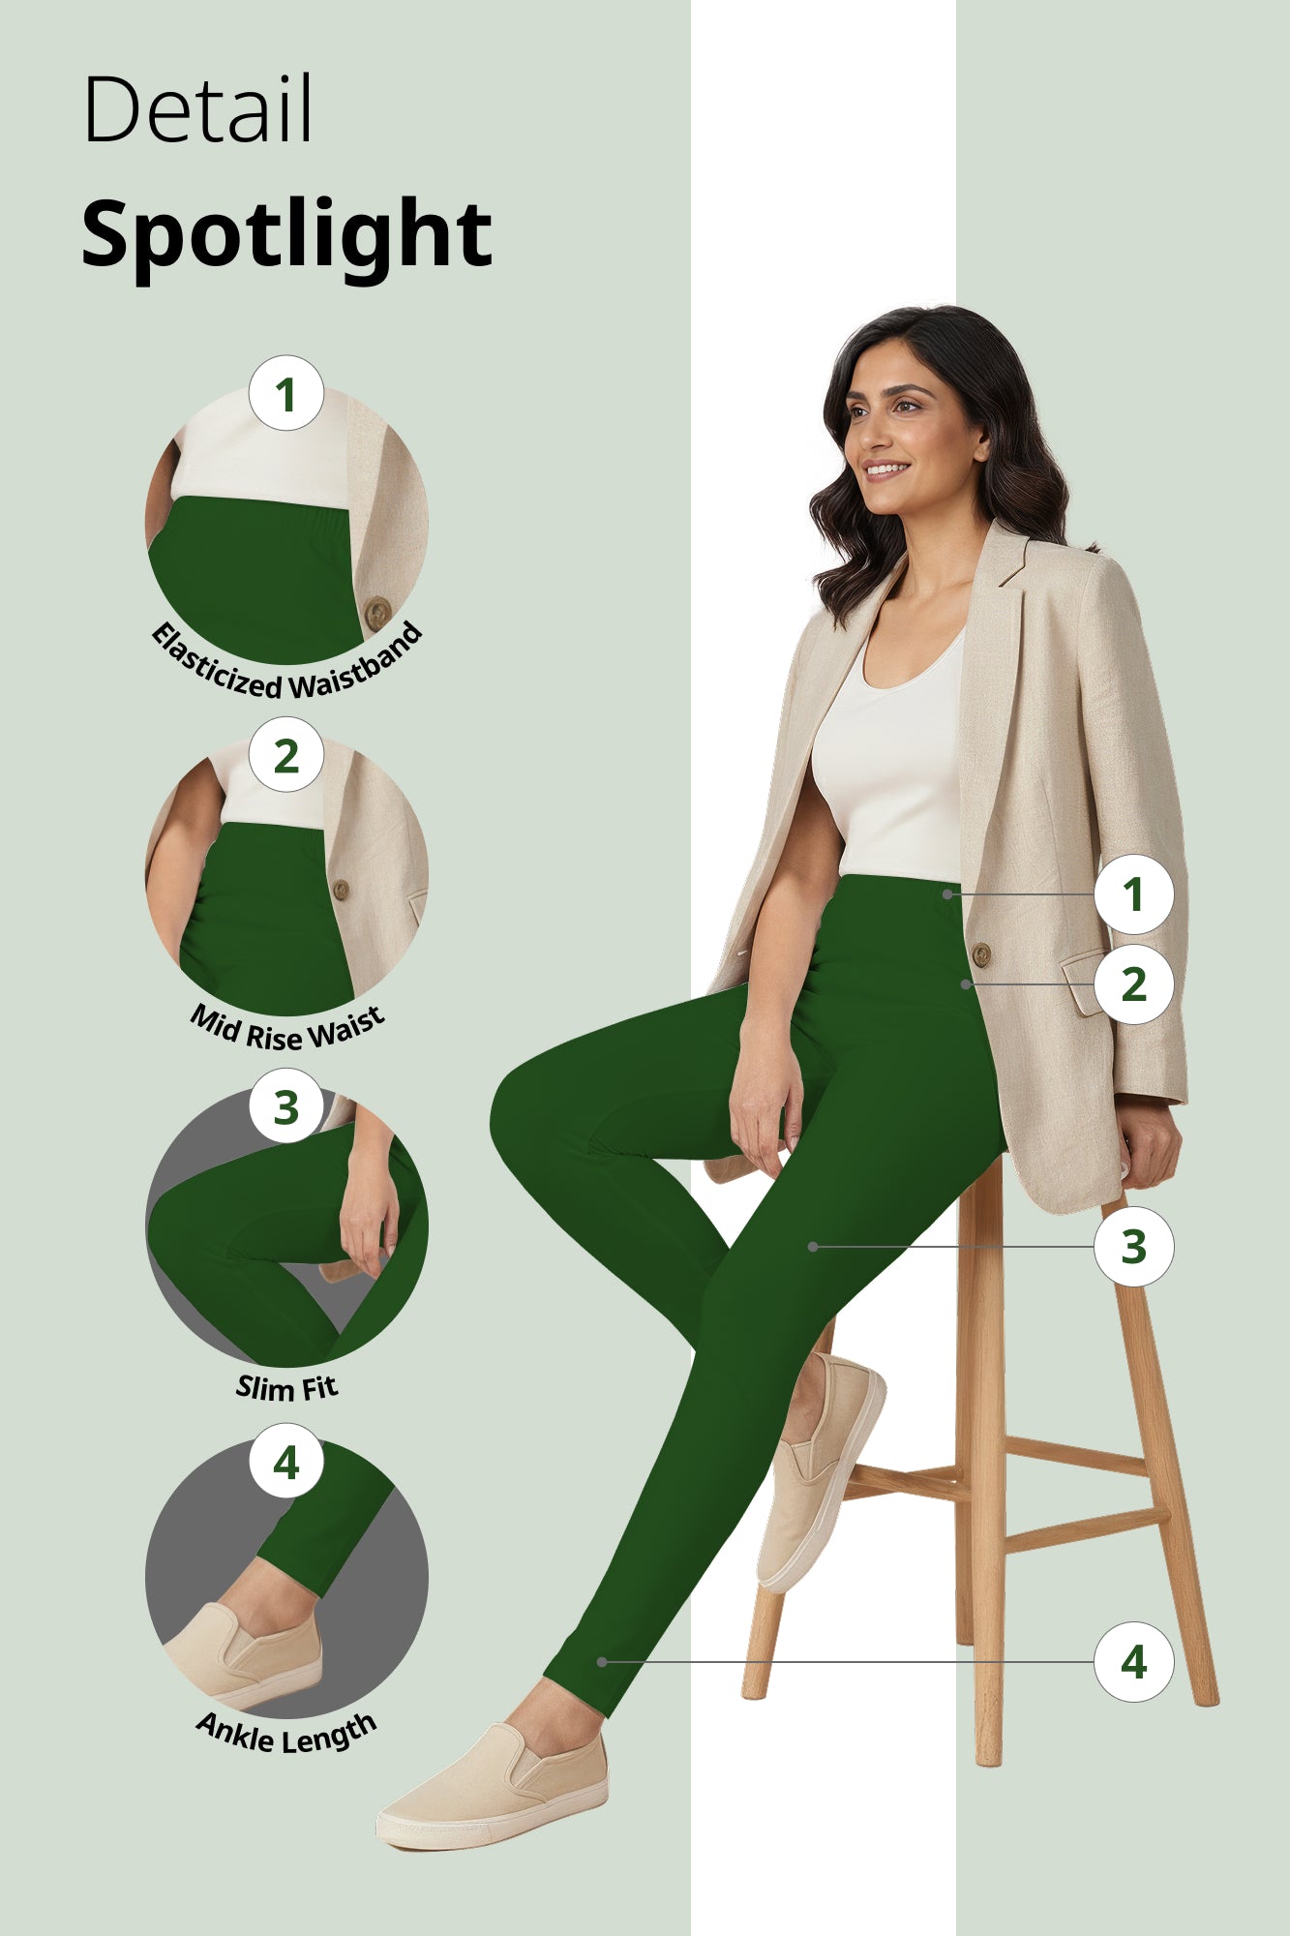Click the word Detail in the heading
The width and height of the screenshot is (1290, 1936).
click(198, 108)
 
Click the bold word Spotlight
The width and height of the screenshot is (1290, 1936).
click(286, 234)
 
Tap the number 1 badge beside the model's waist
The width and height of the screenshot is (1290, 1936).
click(1133, 893)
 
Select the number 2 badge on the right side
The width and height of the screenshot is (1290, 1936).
click(1133, 984)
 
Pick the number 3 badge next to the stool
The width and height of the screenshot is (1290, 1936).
click(1133, 1247)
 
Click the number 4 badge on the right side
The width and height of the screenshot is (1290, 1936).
click(1133, 1662)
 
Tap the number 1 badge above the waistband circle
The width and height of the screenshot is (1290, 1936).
click(285, 394)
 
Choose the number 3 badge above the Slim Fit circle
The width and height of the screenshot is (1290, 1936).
click(285, 1106)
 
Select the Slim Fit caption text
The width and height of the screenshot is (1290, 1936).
click(287, 1388)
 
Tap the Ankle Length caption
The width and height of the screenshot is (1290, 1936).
click(287, 1734)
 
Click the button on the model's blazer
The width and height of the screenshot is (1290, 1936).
click(980, 954)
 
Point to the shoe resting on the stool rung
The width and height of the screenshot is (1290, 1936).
click(821, 1471)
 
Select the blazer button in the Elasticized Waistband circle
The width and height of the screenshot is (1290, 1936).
click(377, 612)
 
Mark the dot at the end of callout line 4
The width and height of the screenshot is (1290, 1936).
click(602, 1662)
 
